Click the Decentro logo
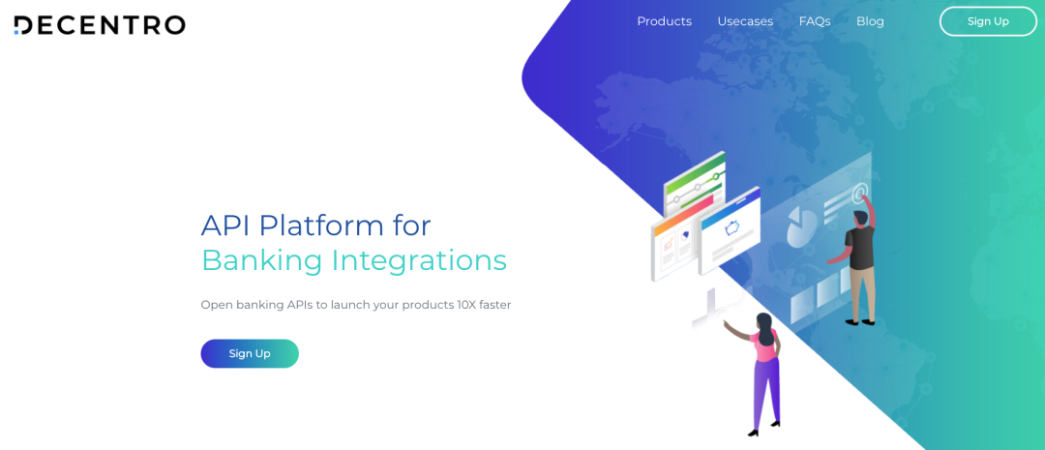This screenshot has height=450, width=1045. click(x=100, y=24)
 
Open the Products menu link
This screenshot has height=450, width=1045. click(x=665, y=21)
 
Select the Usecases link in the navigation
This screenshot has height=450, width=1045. click(x=745, y=21)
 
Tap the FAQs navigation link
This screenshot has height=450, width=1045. click(x=815, y=21)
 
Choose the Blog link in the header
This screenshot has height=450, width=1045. click(x=870, y=21)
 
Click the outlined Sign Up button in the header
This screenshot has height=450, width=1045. click(x=988, y=21)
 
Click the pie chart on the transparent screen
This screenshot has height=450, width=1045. click(x=797, y=226)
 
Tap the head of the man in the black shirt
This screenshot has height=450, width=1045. click(x=860, y=218)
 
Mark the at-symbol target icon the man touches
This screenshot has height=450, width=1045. click(x=860, y=194)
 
